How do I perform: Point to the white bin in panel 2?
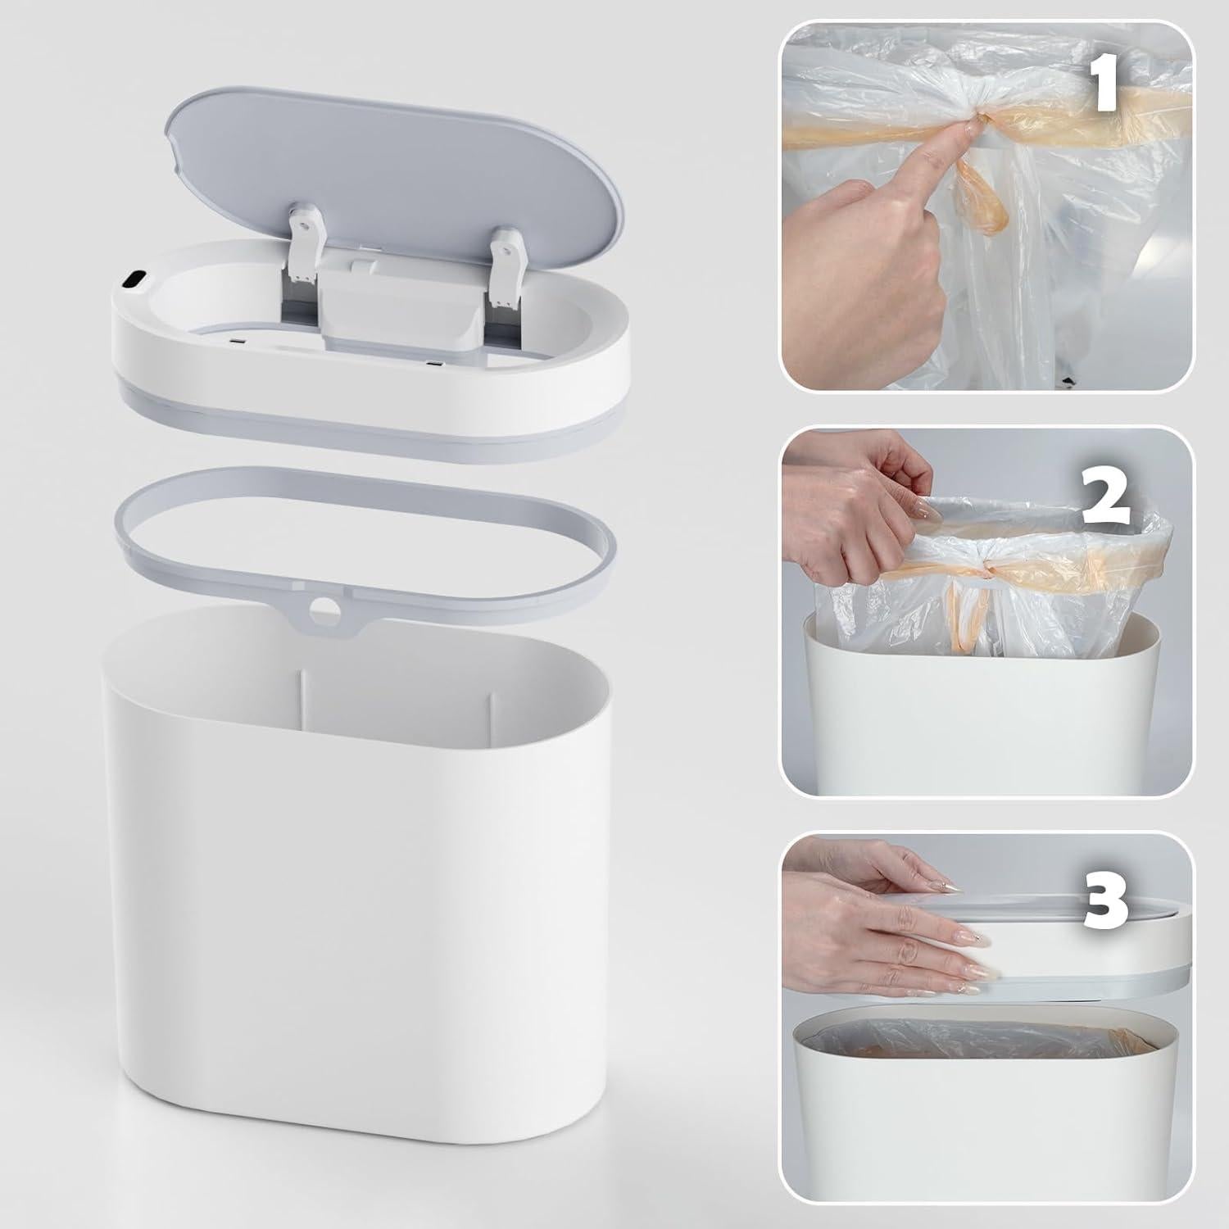983,721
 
